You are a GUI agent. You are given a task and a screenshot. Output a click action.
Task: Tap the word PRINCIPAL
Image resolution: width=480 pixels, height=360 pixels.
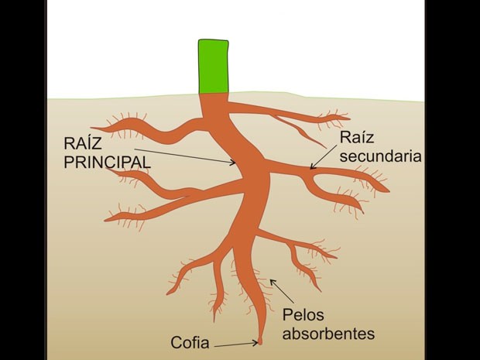coord(106,163)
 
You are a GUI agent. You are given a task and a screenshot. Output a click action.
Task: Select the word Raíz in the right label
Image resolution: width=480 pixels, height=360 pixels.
coord(358,138)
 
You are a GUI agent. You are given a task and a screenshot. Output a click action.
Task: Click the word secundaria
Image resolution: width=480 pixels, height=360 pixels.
coord(380,156)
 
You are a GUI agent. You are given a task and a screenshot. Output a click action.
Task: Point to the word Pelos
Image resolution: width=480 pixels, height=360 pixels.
coord(303,314)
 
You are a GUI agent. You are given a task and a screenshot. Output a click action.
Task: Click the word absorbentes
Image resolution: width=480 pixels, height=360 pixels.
coord(327,334)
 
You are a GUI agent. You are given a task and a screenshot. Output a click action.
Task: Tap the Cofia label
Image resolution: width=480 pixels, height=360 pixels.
coord(190,341)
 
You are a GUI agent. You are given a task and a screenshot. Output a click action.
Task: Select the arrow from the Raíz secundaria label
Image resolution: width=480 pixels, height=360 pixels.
coord(326,154)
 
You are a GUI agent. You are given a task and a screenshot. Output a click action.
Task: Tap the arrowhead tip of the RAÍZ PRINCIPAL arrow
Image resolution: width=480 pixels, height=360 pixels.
coord(235,163)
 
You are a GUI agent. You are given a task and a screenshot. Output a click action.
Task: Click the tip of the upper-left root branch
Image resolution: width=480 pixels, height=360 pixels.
coord(93,128)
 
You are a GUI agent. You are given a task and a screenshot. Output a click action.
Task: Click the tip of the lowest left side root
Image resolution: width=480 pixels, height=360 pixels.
coord(170,293)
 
